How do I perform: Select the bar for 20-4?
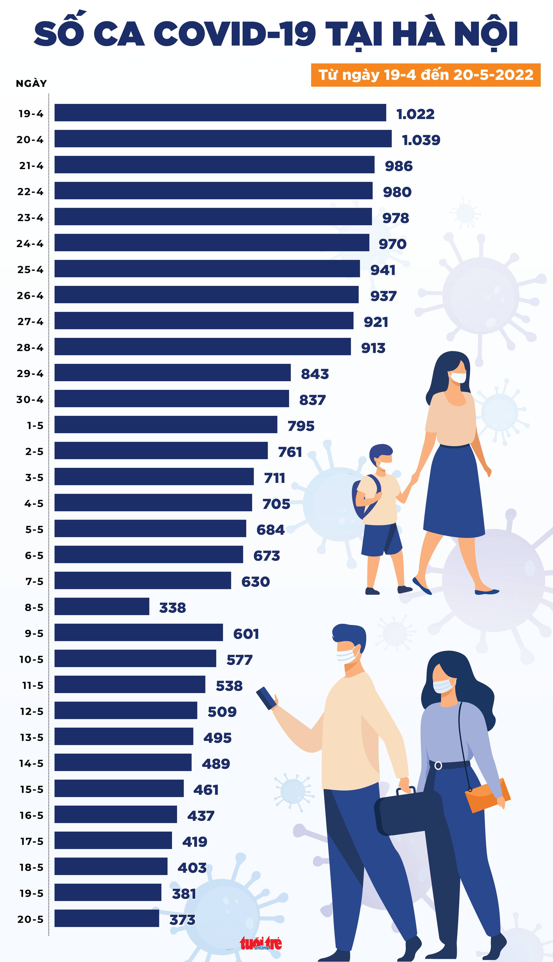[223, 139]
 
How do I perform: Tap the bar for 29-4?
[173, 372]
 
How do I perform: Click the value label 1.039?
[421, 140]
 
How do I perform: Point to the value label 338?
[173, 608]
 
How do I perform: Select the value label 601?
[246, 634]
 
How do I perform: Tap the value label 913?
[373, 348]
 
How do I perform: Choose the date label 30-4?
[30, 400]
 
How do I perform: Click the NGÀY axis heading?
[31, 83]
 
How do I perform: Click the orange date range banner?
[425, 75]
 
